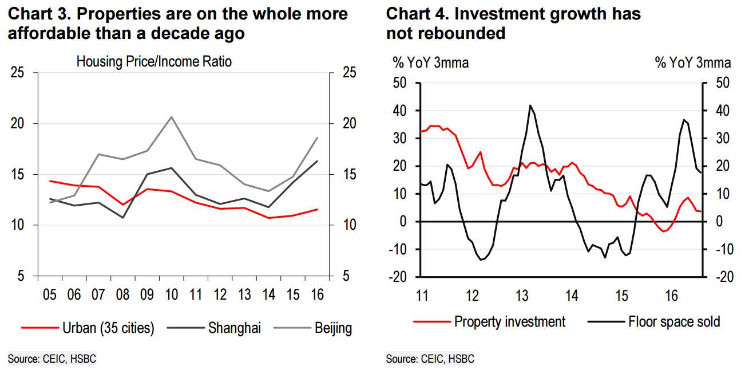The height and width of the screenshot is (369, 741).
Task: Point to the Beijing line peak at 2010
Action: pos(171,117)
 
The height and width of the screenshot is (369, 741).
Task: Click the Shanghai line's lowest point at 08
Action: pos(122,218)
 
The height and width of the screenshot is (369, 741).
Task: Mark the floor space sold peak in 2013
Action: pos(530,105)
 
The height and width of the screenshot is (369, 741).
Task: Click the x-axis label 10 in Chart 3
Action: pos(171,295)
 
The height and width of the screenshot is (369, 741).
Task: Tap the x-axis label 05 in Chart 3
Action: pos(49,295)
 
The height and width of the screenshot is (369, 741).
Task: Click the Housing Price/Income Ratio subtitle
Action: pos(154,61)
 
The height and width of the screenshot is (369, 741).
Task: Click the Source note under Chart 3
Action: pos(48,359)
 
